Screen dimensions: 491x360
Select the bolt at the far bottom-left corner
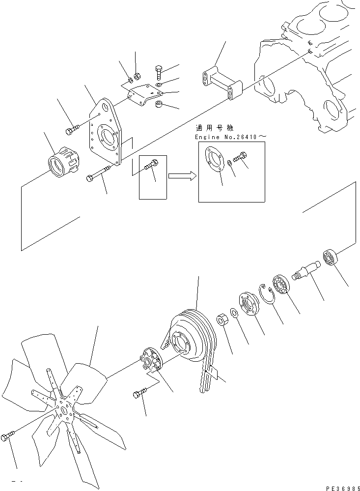click(9, 437)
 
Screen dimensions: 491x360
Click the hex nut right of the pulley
click(222, 320)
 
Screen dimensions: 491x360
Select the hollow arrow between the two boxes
click(181, 175)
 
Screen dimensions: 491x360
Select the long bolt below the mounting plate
click(100, 173)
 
